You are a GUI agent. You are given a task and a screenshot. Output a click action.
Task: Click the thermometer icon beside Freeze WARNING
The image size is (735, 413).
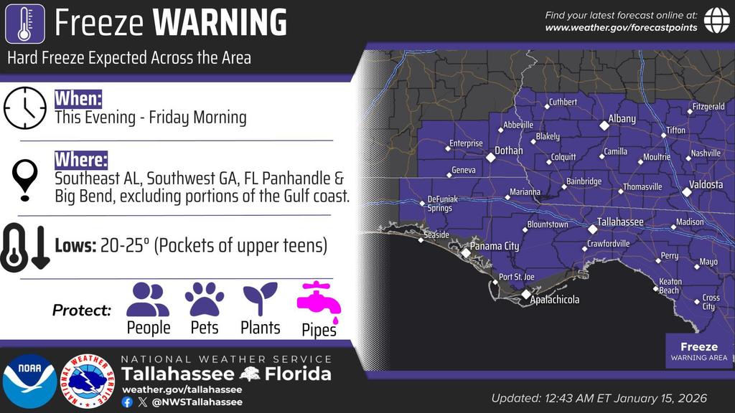coord(24,24)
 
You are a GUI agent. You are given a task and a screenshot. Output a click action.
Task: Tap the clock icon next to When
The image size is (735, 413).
coord(24,108)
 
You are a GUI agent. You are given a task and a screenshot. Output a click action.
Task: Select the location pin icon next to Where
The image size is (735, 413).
coord(26,179)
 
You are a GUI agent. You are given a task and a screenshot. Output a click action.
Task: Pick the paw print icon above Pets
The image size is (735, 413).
coord(205,300)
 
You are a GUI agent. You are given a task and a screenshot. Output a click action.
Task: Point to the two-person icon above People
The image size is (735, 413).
coord(148,300)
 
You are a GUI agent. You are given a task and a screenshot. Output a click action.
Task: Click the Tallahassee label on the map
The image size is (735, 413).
coord(620,222)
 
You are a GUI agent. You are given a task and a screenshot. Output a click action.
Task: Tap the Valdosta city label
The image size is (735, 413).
coord(707,185)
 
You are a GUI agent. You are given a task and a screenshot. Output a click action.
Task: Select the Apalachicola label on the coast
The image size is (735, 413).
coord(554,300)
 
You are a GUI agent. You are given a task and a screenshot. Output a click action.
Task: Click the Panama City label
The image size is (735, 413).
coord(495,247)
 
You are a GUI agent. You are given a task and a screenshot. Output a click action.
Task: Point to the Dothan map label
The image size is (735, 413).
coord(509,151)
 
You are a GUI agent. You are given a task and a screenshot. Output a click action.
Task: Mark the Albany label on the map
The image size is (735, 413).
coord(622,119)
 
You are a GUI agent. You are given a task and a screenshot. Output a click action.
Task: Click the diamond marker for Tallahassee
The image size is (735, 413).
coord(593,229)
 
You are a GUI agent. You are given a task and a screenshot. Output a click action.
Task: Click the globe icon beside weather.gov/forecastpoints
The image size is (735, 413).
coord(716,20)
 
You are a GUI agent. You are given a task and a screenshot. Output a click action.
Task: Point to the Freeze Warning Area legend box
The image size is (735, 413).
coord(698,351)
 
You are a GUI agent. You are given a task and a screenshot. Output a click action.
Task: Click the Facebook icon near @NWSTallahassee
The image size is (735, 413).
coord(127,402)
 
